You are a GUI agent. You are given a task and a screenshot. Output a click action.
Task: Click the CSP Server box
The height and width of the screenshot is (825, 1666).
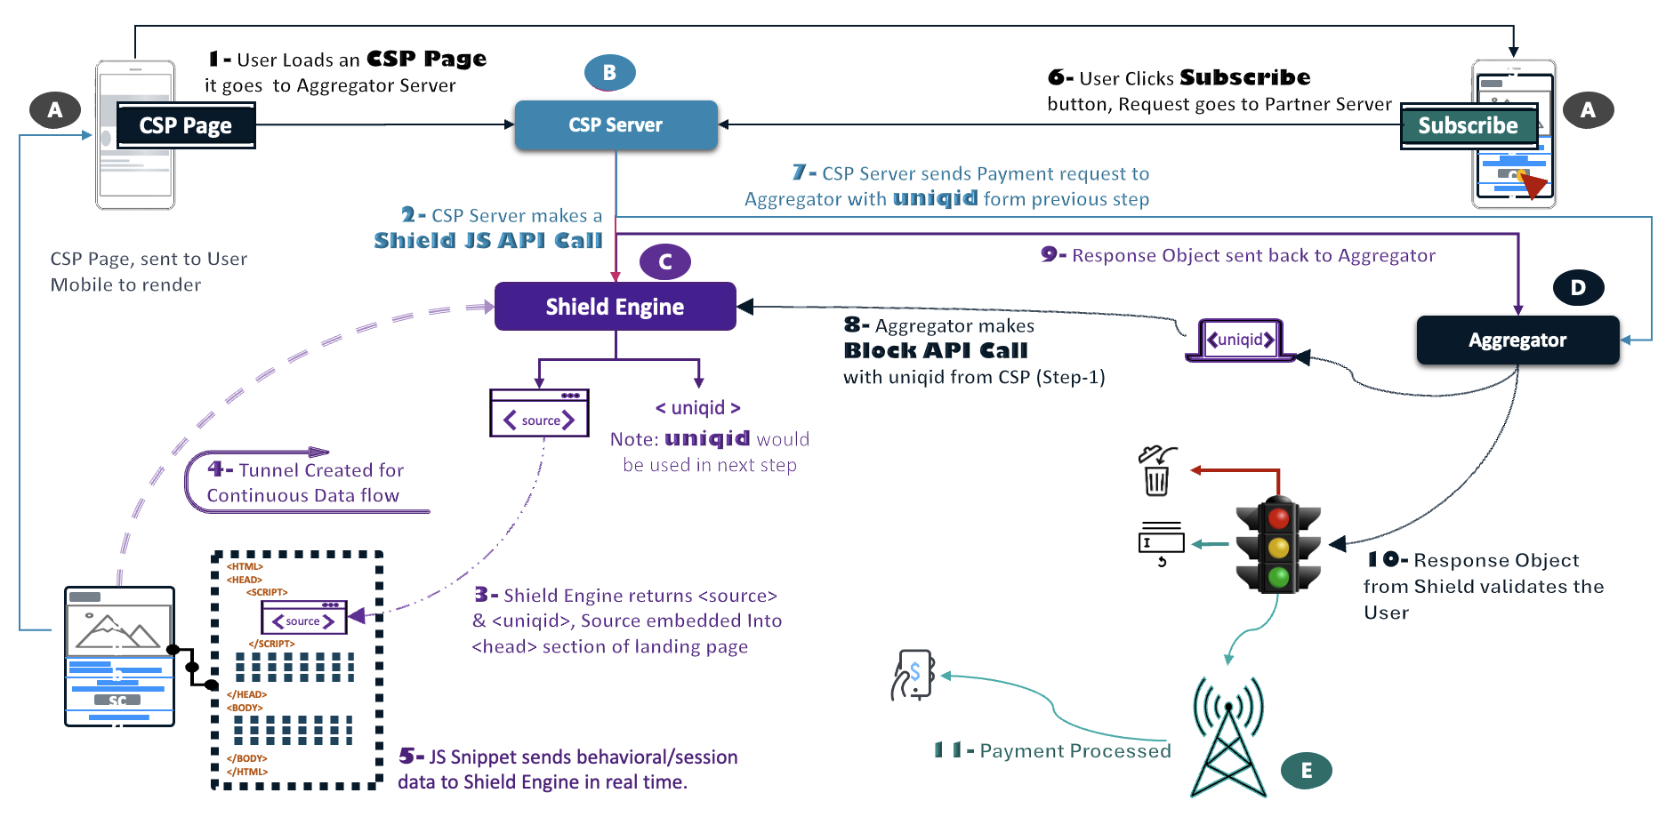pos(616,125)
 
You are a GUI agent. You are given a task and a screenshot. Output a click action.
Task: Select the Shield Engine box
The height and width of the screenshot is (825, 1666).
pos(615,307)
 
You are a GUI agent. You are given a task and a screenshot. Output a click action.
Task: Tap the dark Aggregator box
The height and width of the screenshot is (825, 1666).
pos(1517,340)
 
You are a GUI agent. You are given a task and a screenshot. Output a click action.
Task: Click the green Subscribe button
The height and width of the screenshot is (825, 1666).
pos(1469,126)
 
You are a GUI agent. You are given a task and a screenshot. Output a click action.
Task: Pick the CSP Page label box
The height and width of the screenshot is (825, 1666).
pos(185,125)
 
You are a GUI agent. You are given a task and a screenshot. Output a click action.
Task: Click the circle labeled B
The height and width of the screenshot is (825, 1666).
pos(609,73)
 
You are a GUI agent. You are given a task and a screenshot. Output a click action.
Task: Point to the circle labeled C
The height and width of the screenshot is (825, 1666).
pos(664,262)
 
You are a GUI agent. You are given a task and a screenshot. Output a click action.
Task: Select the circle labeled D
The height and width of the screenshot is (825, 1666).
pos(1578,287)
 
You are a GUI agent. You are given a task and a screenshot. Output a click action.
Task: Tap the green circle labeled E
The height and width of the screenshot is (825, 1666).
pos(1306,771)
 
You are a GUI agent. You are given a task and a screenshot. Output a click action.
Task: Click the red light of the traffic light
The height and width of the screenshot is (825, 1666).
pos(1279,518)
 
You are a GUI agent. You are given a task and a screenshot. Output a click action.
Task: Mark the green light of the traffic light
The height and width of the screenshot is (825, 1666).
pos(1279,577)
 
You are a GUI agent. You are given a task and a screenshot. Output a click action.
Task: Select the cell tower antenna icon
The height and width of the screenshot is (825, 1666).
pos(1227,738)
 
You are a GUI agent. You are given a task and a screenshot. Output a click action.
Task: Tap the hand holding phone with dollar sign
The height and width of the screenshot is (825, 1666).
pos(913,675)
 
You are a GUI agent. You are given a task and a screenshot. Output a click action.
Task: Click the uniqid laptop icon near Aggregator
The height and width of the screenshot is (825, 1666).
pos(1240,340)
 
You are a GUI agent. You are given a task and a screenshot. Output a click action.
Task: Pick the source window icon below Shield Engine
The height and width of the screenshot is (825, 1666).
pos(539,413)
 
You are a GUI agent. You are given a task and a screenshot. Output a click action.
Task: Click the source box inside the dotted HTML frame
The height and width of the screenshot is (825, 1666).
pos(303,619)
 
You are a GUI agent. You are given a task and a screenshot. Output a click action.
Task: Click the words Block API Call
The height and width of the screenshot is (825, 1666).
pos(936,351)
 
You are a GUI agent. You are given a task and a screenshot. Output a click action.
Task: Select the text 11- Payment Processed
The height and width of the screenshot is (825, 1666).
pos(1052,751)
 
